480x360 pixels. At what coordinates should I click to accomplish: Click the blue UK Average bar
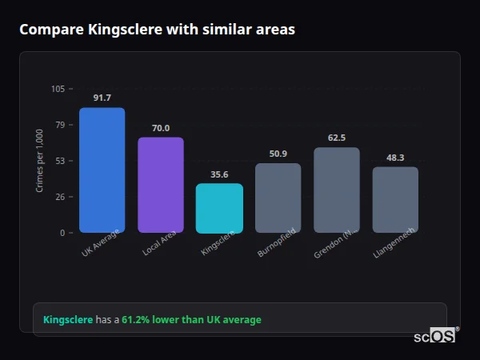pyautogui.click(x=102, y=170)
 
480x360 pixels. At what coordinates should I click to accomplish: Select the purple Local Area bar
pyautogui.click(x=160, y=185)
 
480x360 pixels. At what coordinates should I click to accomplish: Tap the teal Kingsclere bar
pyautogui.click(x=219, y=208)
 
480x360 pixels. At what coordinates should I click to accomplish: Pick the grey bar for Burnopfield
pyautogui.click(x=278, y=198)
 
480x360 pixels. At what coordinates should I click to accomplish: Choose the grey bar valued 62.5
pyautogui.click(x=337, y=190)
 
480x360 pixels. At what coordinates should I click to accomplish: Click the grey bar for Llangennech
pyautogui.click(x=395, y=199)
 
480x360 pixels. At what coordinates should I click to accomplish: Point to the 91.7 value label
pyautogui.click(x=102, y=98)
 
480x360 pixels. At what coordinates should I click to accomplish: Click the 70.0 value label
pyautogui.click(x=160, y=128)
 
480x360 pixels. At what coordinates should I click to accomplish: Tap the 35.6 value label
pyautogui.click(x=219, y=174)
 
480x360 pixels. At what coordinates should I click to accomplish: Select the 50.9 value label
pyautogui.click(x=278, y=154)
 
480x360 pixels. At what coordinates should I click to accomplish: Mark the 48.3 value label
pyautogui.click(x=395, y=158)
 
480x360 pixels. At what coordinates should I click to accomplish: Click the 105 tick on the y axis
pyautogui.click(x=58, y=89)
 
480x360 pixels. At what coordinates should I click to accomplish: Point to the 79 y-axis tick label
pyautogui.click(x=60, y=125)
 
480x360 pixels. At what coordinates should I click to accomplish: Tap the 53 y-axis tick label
pyautogui.click(x=60, y=161)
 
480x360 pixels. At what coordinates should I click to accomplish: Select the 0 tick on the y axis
pyautogui.click(x=62, y=233)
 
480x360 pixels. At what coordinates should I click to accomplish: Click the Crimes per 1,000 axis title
pyautogui.click(x=40, y=161)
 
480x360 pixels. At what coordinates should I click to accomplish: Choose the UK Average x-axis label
pyautogui.click(x=101, y=245)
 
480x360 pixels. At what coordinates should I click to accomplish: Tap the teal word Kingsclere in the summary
pyautogui.click(x=68, y=320)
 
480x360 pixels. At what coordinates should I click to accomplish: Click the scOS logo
pyautogui.click(x=435, y=336)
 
